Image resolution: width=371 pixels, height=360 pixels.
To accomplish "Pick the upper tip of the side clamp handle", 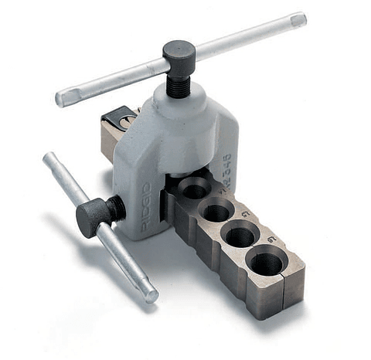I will pos(49,159).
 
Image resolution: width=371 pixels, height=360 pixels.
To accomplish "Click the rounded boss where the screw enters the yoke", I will pos(179,100).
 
